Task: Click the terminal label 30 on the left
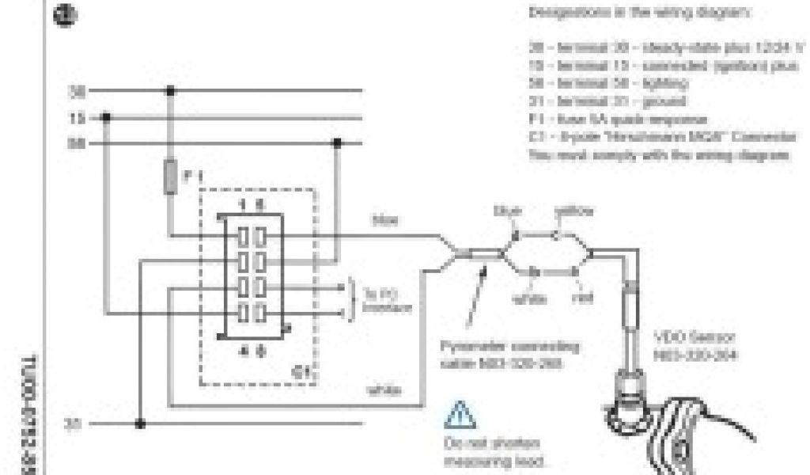pos(77,92)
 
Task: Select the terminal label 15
pos(77,118)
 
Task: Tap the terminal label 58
pos(77,144)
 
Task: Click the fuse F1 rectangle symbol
pos(169,177)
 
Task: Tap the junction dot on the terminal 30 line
pos(169,92)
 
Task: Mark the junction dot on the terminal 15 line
pos(107,118)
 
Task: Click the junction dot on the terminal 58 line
pos(338,144)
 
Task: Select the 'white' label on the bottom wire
pos(384,391)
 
